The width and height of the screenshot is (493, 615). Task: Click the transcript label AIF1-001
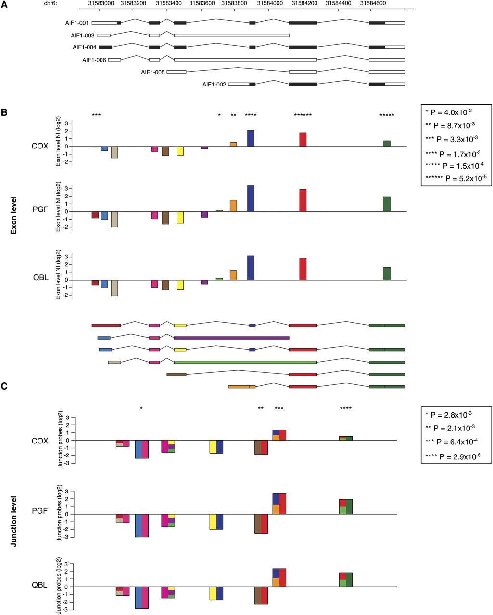pyautogui.click(x=77, y=23)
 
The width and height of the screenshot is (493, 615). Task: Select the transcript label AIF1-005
pyautogui.click(x=152, y=72)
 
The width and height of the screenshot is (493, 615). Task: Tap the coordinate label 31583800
pyautogui.click(x=234, y=3)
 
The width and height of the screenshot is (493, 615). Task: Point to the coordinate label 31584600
pyautogui.click(x=373, y=3)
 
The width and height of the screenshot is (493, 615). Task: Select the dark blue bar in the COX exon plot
pyautogui.click(x=251, y=138)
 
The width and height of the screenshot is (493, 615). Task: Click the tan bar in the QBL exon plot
pyautogui.click(x=114, y=288)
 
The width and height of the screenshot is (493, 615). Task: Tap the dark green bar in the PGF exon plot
pyautogui.click(x=387, y=204)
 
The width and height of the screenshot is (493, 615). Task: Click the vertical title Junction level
pyautogui.click(x=14, y=515)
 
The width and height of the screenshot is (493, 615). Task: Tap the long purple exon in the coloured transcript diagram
pyautogui.click(x=231, y=338)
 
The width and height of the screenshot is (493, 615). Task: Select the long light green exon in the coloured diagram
pyautogui.click(x=245, y=362)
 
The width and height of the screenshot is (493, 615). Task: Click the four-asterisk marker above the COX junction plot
pyautogui.click(x=346, y=409)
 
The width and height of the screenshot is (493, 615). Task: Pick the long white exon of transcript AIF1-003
pyautogui.click(x=231, y=35)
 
